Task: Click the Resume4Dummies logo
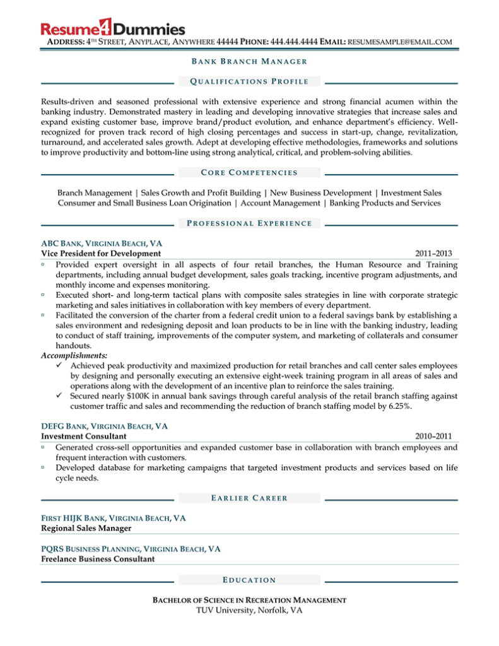coord(113,28)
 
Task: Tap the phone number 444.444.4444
coord(293,42)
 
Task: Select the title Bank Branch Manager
coord(249,61)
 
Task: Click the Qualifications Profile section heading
coord(249,81)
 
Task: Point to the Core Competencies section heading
coord(249,172)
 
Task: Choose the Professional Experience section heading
coord(249,223)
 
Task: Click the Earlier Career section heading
coord(249,498)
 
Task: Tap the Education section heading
coord(249,580)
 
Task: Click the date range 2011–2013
coord(433,254)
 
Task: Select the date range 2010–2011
coord(433,436)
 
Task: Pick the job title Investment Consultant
coord(84,436)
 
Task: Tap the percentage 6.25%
coord(399,406)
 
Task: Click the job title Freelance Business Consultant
coord(98,559)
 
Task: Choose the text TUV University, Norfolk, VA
coord(249,611)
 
